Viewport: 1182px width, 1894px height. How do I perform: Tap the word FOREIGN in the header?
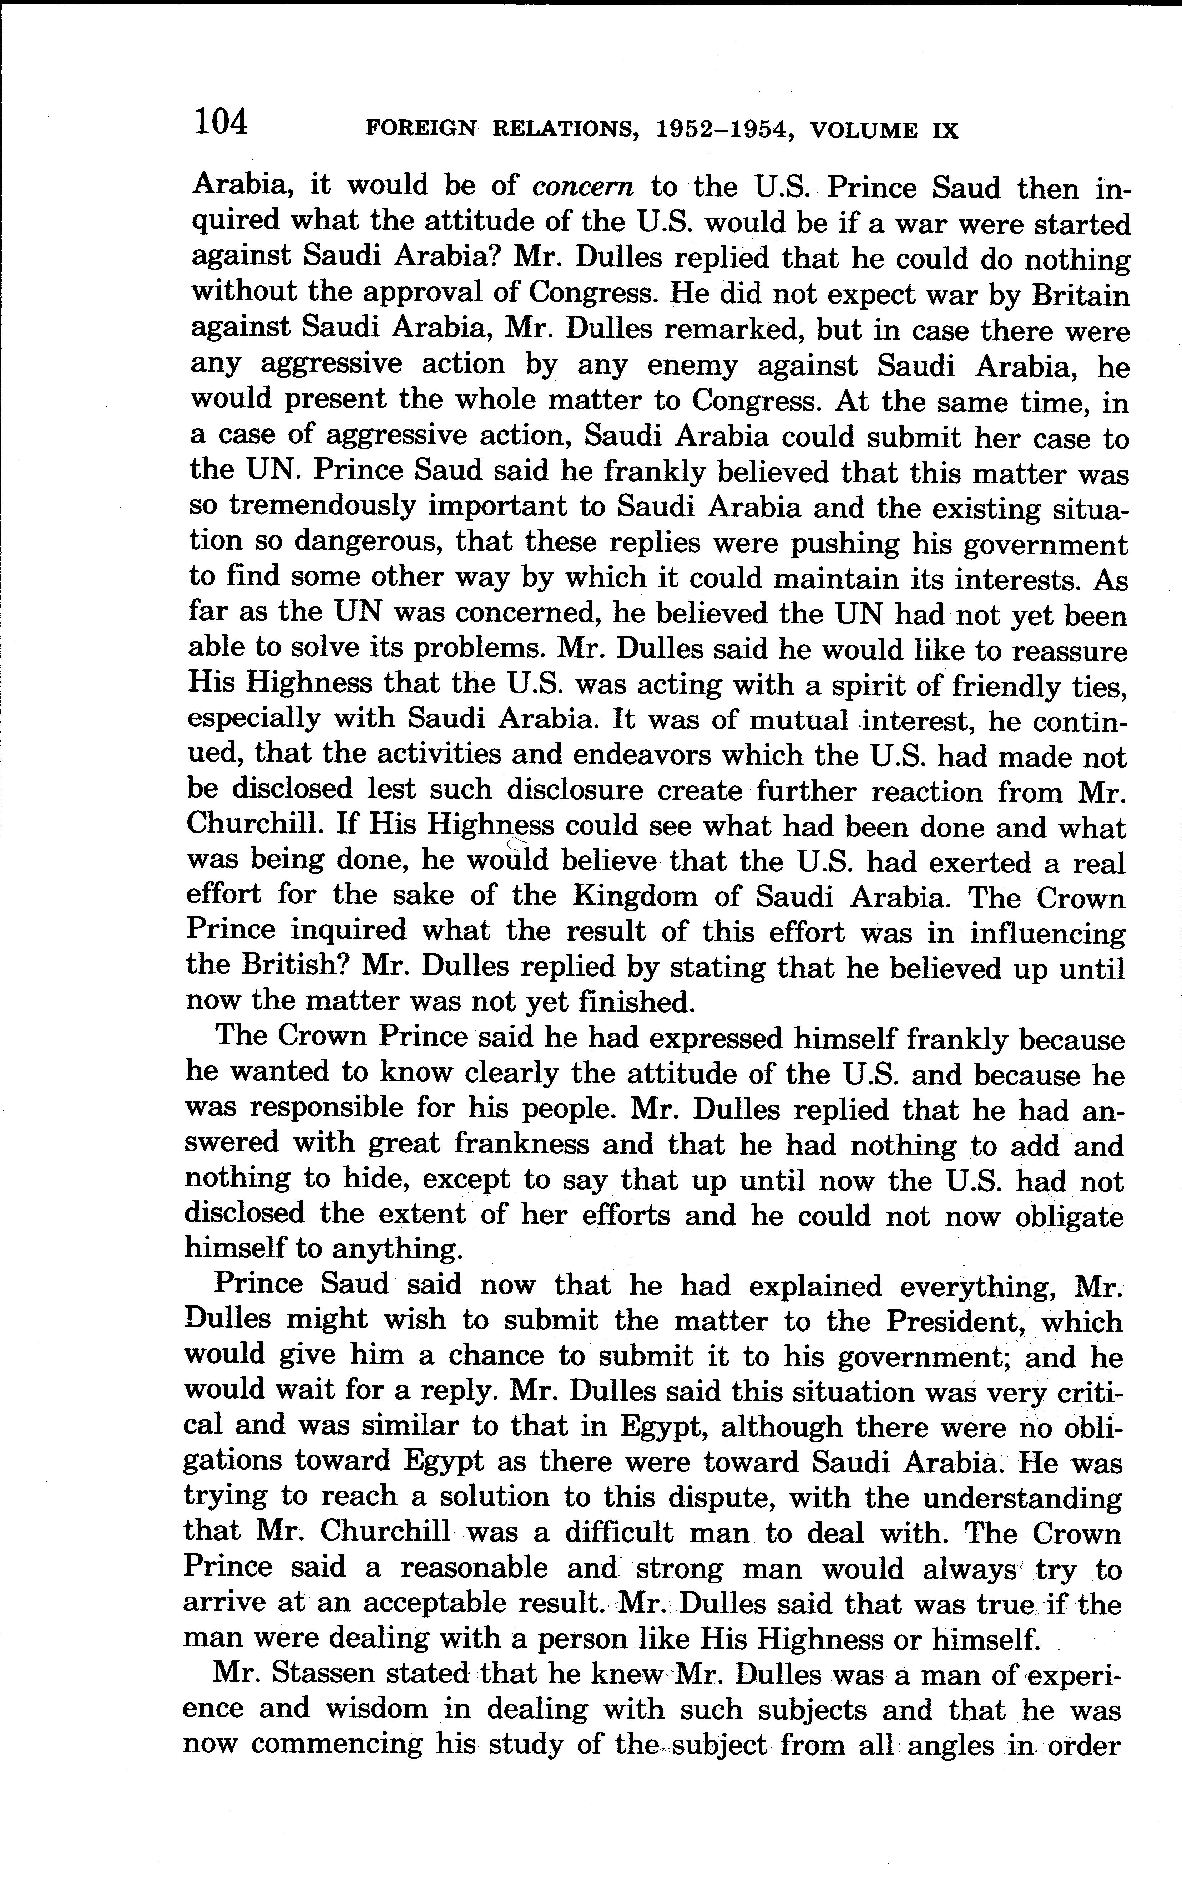(421, 130)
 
